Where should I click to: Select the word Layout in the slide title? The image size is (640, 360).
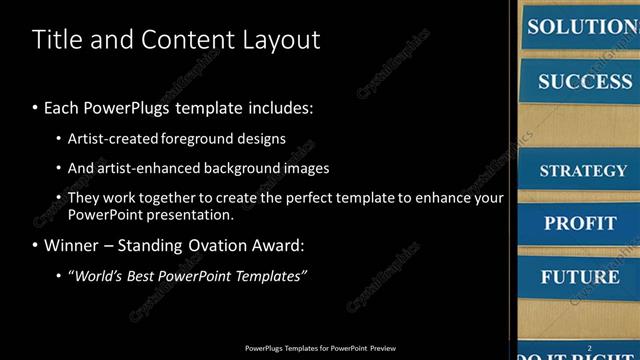coord(279,40)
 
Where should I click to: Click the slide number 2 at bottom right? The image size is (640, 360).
coord(590,348)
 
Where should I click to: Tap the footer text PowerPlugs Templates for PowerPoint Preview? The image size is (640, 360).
coord(320,349)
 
